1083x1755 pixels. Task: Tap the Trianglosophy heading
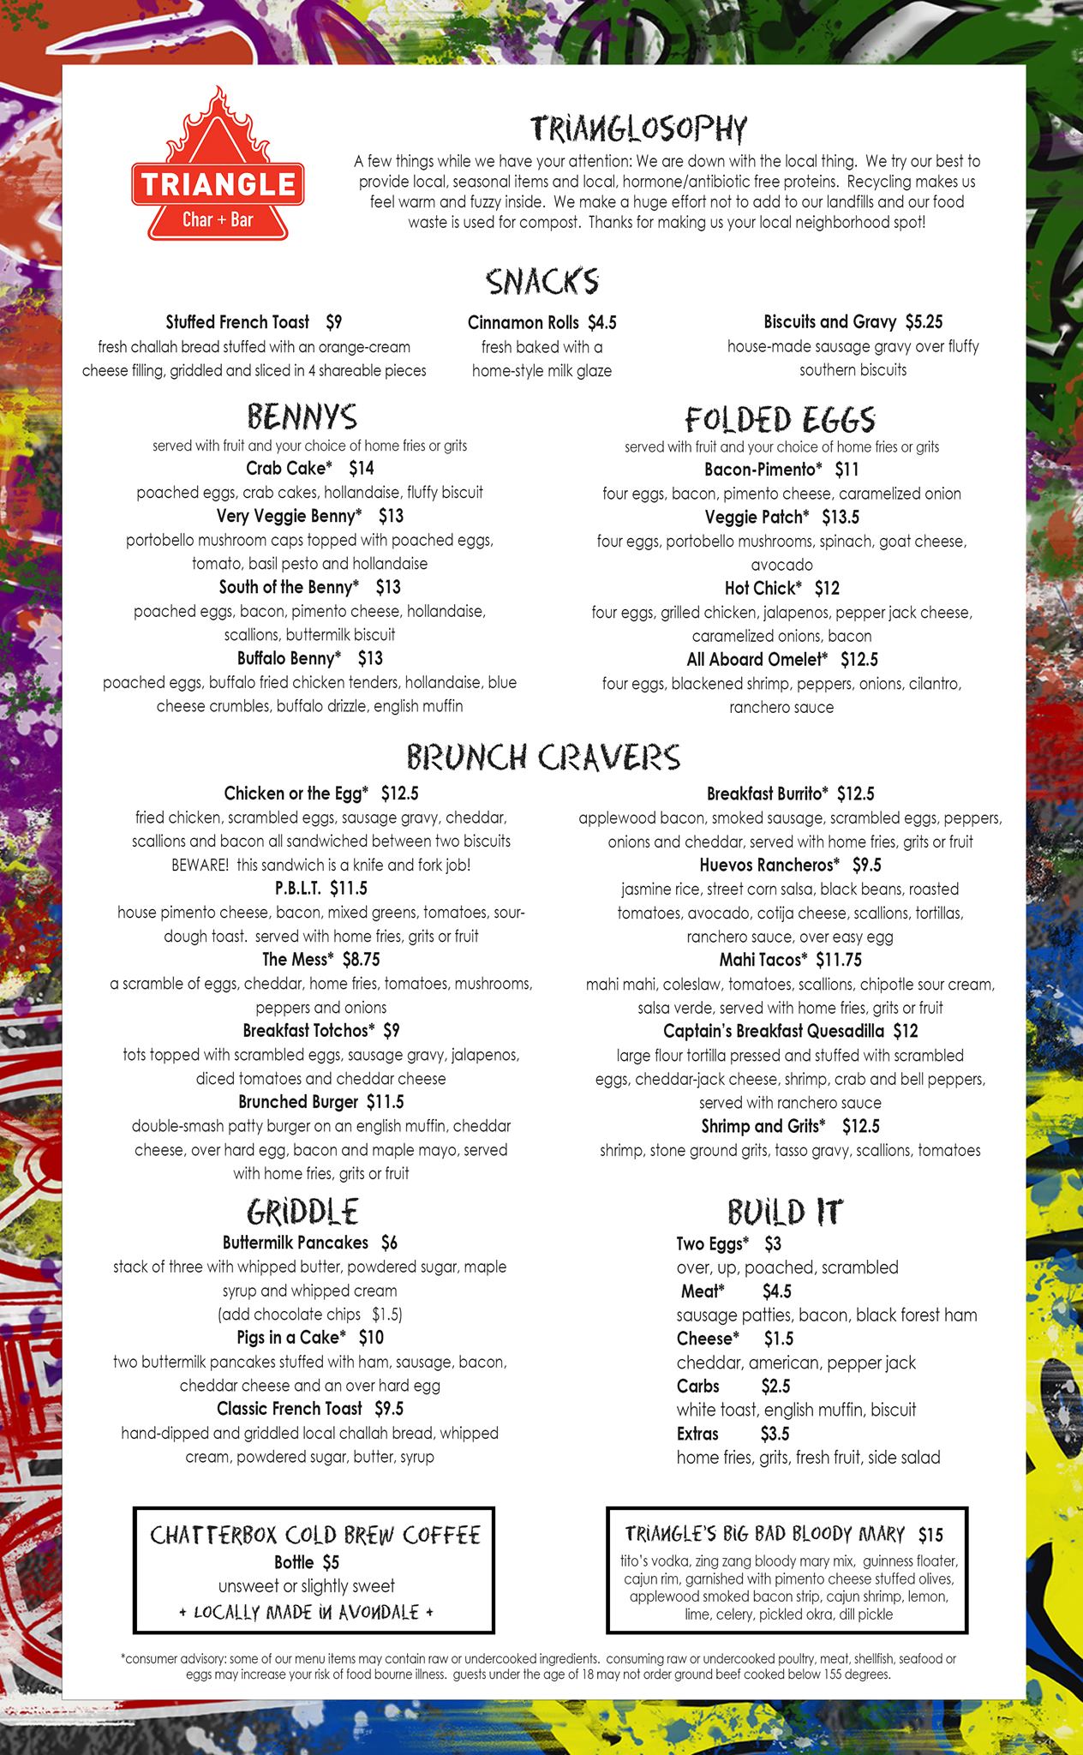click(638, 129)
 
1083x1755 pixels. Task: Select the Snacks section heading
click(541, 281)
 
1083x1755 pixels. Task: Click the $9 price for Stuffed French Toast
click(333, 322)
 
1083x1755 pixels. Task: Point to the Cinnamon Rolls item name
click(518, 322)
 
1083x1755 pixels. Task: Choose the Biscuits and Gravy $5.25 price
click(924, 321)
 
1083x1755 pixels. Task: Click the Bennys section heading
click(302, 417)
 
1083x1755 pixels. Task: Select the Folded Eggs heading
click(781, 419)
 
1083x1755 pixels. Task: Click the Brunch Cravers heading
click(543, 757)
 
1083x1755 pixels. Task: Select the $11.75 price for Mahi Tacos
click(839, 960)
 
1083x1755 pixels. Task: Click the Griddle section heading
click(302, 1211)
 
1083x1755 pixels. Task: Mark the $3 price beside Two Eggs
click(772, 1243)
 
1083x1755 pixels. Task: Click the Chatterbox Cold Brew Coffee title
click(314, 1534)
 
